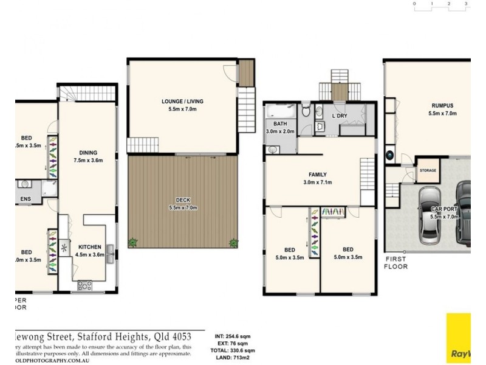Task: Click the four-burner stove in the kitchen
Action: click(83, 284)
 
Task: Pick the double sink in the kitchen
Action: click(110, 257)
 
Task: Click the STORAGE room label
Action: click(428, 170)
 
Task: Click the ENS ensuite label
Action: click(26, 198)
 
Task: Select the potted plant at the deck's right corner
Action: click(233, 243)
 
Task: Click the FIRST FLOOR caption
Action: click(396, 263)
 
